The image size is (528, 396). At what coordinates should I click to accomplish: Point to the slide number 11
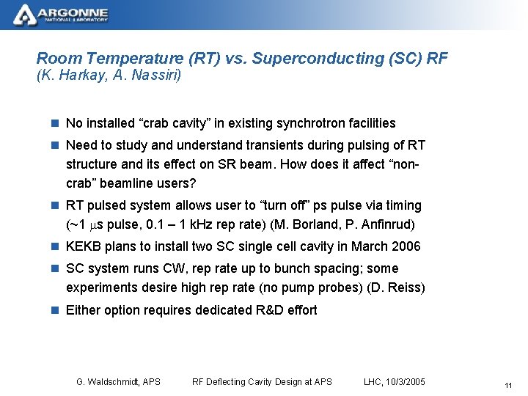click(507, 386)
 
